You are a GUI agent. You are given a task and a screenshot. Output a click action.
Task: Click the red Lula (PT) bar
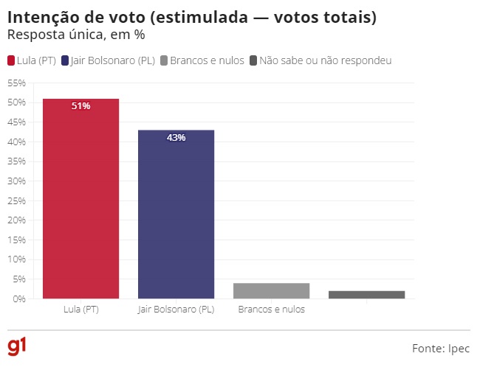80,199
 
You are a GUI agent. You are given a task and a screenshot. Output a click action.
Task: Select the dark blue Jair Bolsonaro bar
176,214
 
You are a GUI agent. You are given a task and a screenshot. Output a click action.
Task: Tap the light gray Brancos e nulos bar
271,290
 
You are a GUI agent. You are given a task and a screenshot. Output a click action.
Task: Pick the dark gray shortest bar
366,295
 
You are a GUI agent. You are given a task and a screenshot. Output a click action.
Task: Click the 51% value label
80,106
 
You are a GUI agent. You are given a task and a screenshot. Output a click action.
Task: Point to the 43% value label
176,138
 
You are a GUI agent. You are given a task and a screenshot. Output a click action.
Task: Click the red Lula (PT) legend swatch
11,60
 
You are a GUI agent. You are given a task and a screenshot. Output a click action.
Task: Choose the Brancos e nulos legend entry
207,60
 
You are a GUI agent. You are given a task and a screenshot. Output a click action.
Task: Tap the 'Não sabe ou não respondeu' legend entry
326,60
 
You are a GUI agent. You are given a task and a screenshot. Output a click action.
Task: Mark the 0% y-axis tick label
18,299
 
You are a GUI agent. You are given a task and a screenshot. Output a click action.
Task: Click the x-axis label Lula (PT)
80,310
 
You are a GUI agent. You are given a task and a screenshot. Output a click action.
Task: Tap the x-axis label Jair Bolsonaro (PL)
176,310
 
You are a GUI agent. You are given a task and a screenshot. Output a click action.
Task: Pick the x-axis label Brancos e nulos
271,310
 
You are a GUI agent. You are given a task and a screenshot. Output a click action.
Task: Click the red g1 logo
16,347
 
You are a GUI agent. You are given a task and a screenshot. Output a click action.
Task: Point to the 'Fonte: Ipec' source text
440,348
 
